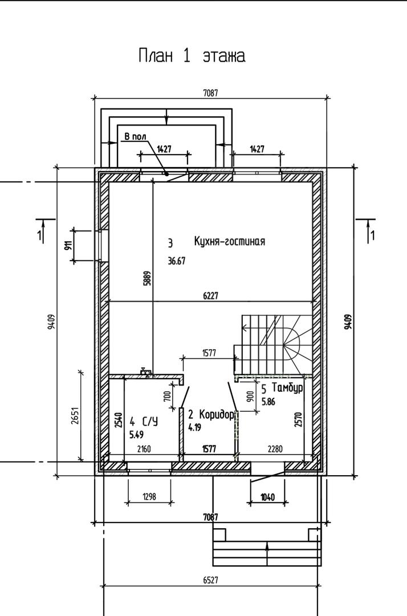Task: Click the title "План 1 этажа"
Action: click(192, 56)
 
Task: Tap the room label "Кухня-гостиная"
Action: click(230, 241)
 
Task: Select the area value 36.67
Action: click(177, 261)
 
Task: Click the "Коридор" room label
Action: click(217, 415)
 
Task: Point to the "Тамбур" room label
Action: click(287, 388)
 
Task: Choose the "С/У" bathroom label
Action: click(150, 422)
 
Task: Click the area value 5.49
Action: click(136, 435)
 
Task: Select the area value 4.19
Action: click(195, 427)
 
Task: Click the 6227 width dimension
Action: click(210, 295)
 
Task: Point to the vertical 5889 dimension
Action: click(148, 277)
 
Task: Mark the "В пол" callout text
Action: click(136, 136)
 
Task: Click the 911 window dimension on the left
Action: click(68, 245)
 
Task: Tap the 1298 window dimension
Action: click(149, 497)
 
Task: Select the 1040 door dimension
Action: click(268, 497)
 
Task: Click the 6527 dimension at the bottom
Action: click(211, 580)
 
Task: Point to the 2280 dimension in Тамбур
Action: click(274, 449)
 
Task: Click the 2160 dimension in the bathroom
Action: click(144, 449)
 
